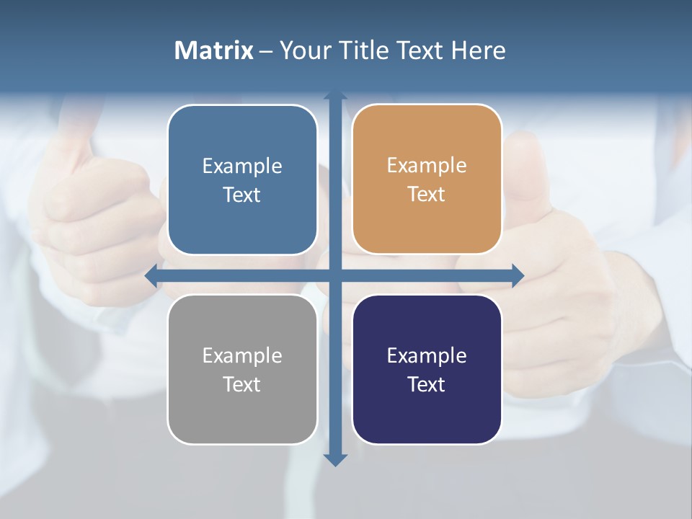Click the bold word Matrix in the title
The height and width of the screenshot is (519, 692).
click(x=213, y=50)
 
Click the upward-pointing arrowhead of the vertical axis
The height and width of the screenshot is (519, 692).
click(x=335, y=96)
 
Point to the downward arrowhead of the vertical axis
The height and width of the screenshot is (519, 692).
click(x=335, y=459)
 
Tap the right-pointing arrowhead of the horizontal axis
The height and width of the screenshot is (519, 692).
click(x=517, y=275)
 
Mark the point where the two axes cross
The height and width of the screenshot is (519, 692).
click(x=335, y=275)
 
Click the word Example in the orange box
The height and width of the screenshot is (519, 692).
click(x=427, y=166)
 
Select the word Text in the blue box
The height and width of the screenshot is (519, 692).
click(x=242, y=195)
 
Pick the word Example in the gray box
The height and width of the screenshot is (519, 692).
click(x=242, y=355)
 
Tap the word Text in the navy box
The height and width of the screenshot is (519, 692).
click(x=427, y=384)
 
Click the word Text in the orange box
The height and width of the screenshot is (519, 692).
click(x=427, y=195)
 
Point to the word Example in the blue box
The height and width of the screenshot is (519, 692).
click(x=242, y=167)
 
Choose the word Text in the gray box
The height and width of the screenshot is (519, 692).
click(x=242, y=384)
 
